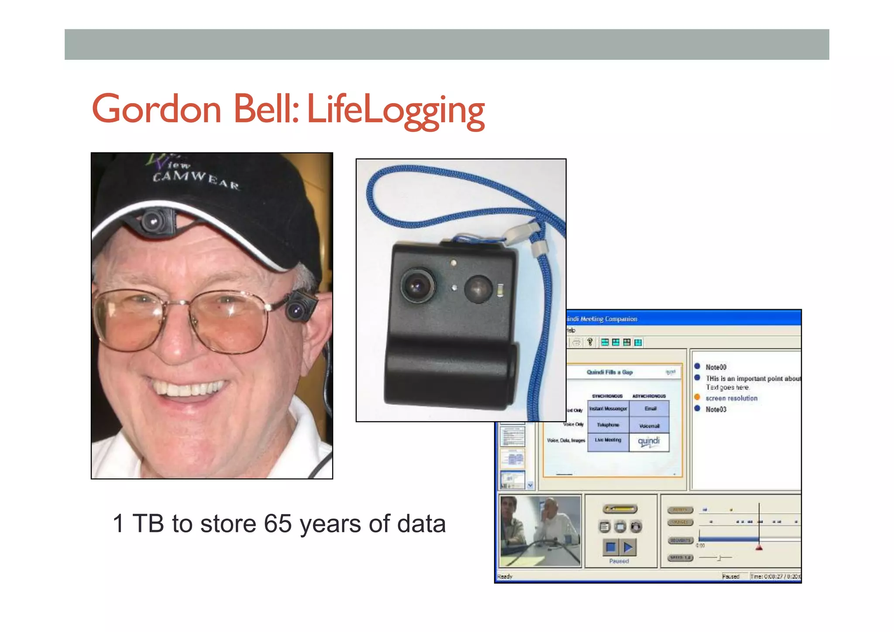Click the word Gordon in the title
click(x=156, y=109)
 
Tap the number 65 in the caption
click(x=278, y=523)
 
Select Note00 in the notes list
click(x=716, y=367)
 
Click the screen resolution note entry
click(x=731, y=398)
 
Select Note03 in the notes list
click(x=716, y=409)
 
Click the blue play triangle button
click(x=629, y=547)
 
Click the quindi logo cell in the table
click(x=649, y=441)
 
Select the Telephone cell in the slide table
click(x=608, y=425)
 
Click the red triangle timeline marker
click(x=759, y=547)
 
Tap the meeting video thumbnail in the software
click(x=540, y=531)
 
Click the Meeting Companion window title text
click(x=602, y=319)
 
